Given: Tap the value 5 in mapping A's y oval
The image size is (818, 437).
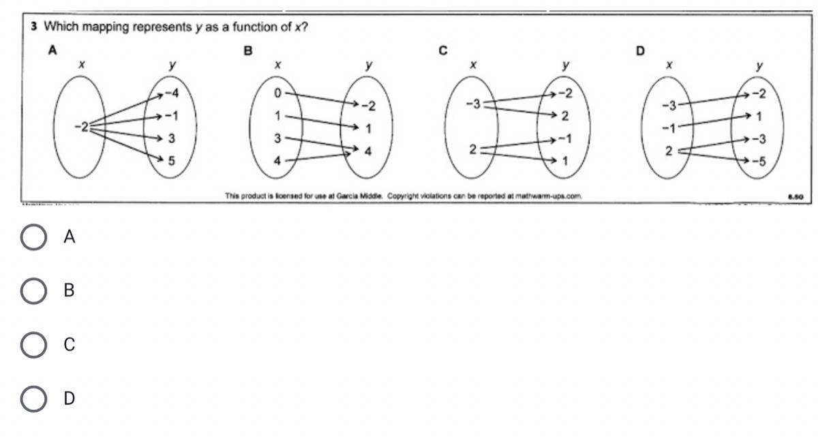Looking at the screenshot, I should tap(171, 161).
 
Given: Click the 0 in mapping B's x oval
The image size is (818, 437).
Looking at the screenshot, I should tap(277, 91).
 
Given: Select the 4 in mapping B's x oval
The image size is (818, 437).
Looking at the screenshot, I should tap(277, 161).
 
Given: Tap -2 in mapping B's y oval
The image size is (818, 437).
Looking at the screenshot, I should tap(368, 106).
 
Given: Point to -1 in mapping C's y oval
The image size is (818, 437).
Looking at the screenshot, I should tap(564, 138).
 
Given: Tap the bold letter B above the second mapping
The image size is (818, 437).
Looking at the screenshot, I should tap(249, 50).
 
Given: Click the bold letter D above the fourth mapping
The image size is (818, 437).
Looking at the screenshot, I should tap(640, 50).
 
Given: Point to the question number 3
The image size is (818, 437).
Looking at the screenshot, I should tap(33, 27).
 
